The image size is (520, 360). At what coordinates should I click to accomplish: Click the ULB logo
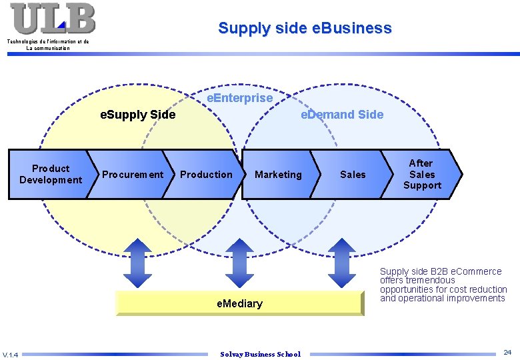click(53, 19)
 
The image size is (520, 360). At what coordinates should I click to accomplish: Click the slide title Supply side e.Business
click(305, 28)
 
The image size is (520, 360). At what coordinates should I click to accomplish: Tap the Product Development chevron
click(50, 174)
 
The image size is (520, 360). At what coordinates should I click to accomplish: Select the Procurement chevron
click(132, 175)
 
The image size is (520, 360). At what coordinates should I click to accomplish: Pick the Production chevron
click(206, 175)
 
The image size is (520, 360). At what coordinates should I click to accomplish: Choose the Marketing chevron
click(278, 175)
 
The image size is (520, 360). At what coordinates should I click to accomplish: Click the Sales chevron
click(352, 175)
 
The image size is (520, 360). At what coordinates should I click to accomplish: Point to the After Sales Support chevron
click(421, 174)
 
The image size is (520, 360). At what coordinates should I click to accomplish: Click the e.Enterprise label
click(239, 98)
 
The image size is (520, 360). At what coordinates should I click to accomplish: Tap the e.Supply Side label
click(137, 115)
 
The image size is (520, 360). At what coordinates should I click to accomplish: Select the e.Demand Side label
click(342, 115)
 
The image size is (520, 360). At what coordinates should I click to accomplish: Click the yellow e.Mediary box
click(239, 303)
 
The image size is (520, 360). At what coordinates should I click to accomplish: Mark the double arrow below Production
click(239, 263)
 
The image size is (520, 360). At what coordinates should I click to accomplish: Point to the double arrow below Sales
click(342, 263)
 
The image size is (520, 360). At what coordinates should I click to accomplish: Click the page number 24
click(507, 351)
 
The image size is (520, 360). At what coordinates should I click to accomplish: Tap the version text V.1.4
click(10, 354)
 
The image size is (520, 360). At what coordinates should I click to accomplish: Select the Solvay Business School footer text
click(260, 354)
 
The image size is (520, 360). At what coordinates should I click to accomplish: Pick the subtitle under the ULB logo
click(48, 45)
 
